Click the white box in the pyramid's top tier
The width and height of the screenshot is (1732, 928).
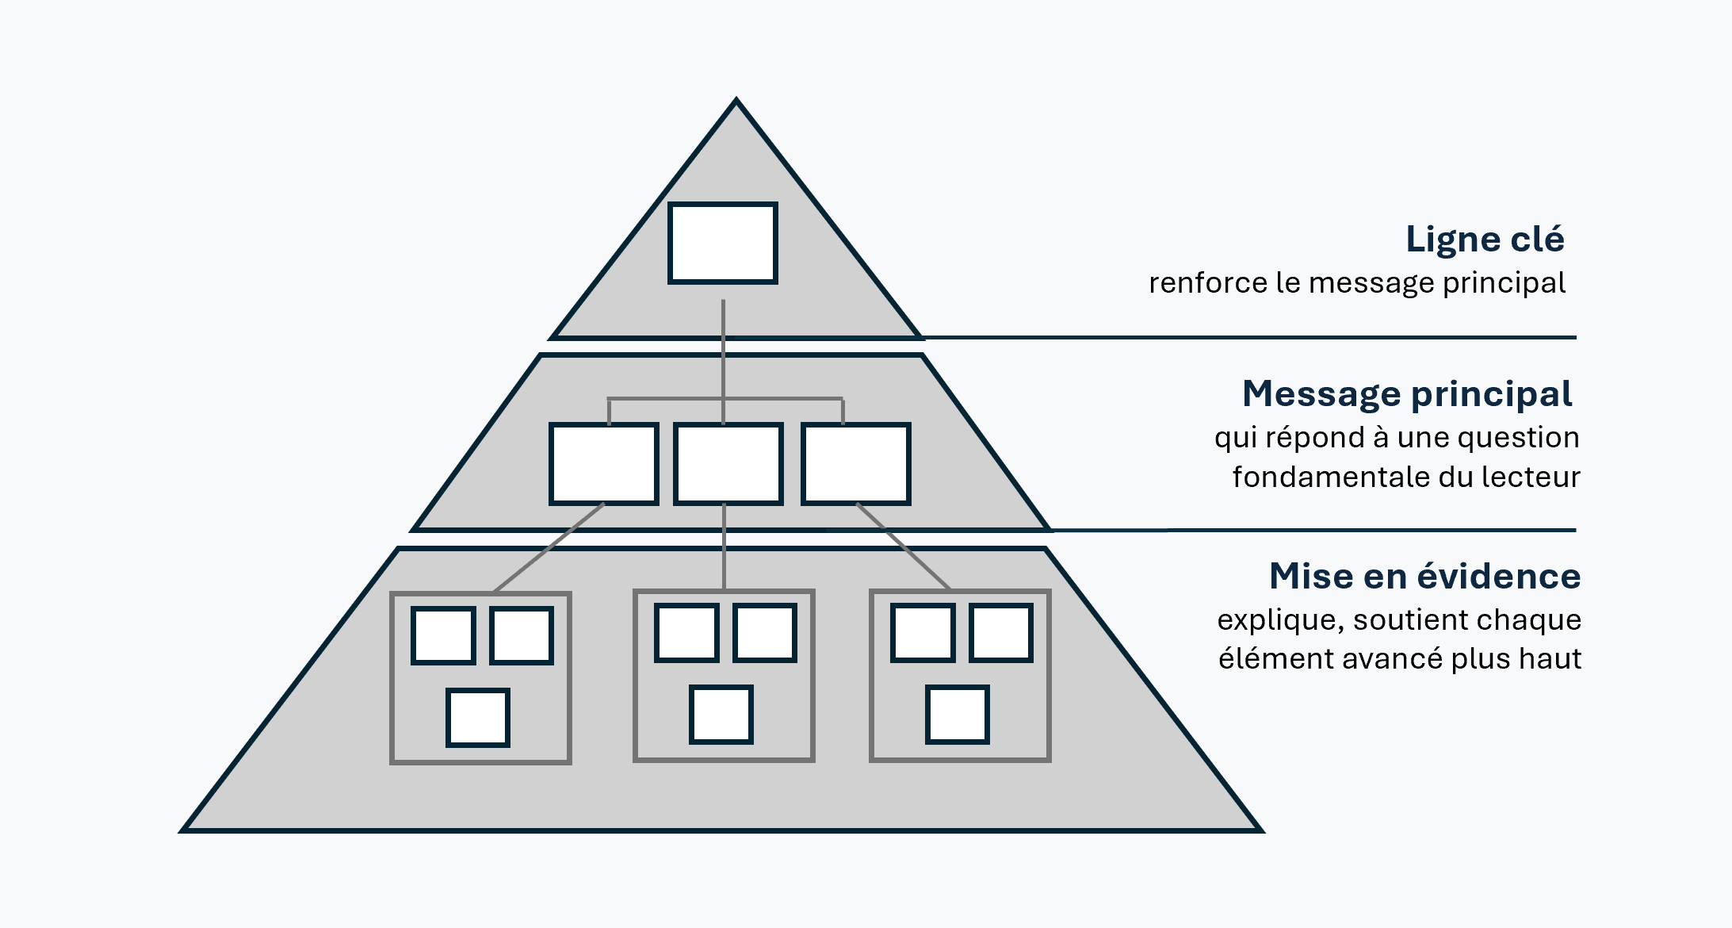pos(722,243)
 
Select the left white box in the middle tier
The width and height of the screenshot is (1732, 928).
pos(604,464)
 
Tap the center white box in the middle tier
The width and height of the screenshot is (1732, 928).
pos(728,464)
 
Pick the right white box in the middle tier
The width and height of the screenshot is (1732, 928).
pos(855,464)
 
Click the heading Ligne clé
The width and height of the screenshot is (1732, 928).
pos(1485,240)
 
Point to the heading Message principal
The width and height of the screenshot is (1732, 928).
pos(1407,394)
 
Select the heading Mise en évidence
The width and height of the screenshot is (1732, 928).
pos(1424,577)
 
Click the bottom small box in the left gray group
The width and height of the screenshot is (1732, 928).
pos(477,718)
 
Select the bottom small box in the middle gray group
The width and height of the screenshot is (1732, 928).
pos(721,715)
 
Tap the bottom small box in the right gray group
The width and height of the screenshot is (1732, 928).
pos(957,715)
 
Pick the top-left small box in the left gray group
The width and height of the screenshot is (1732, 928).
pos(443,635)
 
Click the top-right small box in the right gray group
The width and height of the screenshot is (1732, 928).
pos(1000,632)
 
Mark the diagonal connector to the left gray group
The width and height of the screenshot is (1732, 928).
pos(549,547)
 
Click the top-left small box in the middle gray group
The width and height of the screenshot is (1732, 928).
pos(686,632)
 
